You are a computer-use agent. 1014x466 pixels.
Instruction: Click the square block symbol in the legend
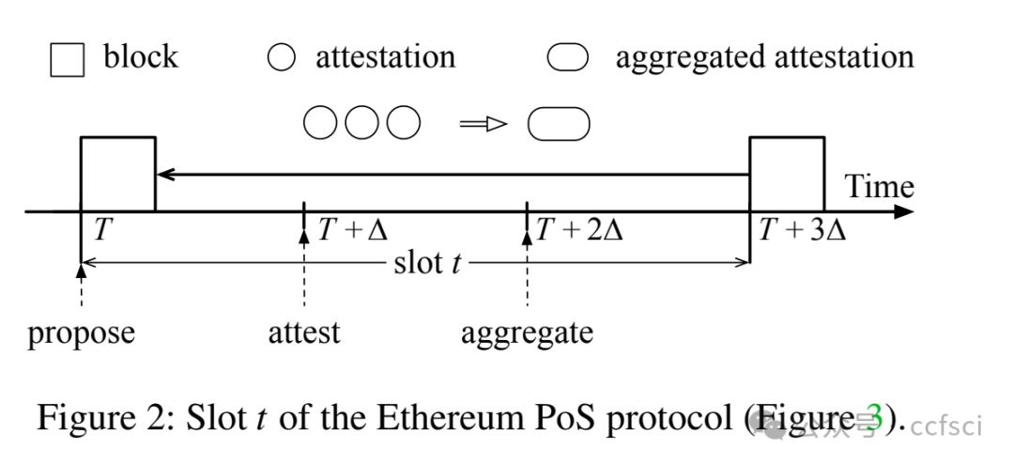point(67,60)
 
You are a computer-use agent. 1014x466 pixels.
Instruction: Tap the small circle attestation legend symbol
point(281,58)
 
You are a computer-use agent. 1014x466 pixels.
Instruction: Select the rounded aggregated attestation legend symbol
point(567,58)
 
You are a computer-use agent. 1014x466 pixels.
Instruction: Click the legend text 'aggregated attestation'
point(764,57)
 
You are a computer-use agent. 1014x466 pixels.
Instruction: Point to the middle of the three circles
point(361,123)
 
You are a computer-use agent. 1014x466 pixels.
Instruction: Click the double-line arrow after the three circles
point(483,123)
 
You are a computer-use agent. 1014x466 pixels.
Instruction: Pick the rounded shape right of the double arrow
point(559,123)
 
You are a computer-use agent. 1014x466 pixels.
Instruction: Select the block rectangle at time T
point(118,174)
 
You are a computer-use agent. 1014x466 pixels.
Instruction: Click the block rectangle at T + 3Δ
point(787,174)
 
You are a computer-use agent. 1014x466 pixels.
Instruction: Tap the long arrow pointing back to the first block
point(451,174)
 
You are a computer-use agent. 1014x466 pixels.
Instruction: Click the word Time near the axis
point(880,186)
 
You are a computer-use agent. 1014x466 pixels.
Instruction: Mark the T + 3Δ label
point(803,230)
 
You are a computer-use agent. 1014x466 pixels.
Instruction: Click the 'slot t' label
point(427,263)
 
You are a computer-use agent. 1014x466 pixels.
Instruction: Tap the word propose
point(82,333)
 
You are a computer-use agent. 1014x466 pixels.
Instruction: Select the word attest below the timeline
point(304,333)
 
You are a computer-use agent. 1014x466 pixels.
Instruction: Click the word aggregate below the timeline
point(527,333)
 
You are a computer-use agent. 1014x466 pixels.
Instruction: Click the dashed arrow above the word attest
point(304,272)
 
